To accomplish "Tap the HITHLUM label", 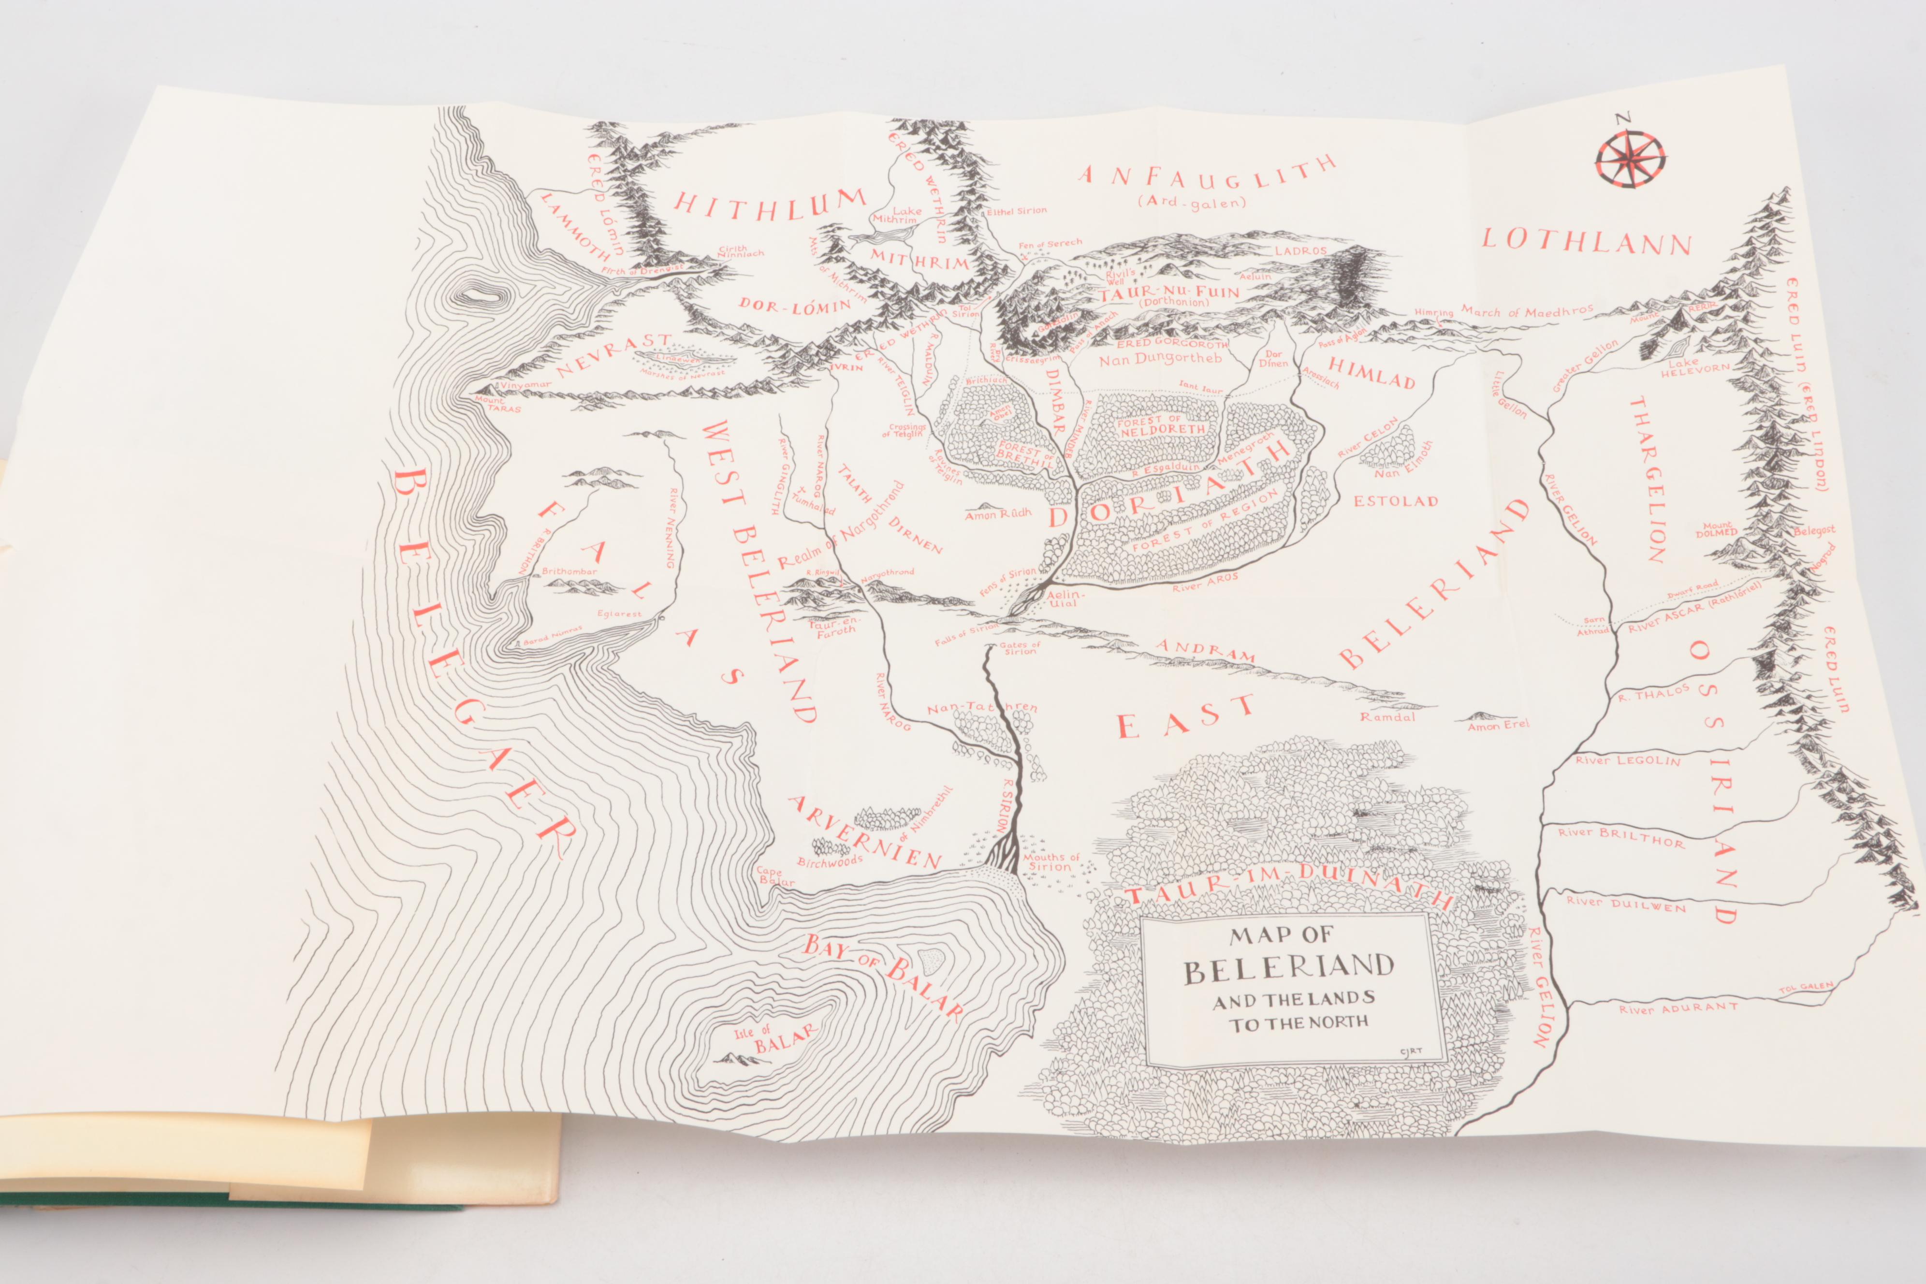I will (x=769, y=202).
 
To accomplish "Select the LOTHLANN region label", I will (x=1586, y=242).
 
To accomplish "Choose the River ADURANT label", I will (x=1678, y=1008).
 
